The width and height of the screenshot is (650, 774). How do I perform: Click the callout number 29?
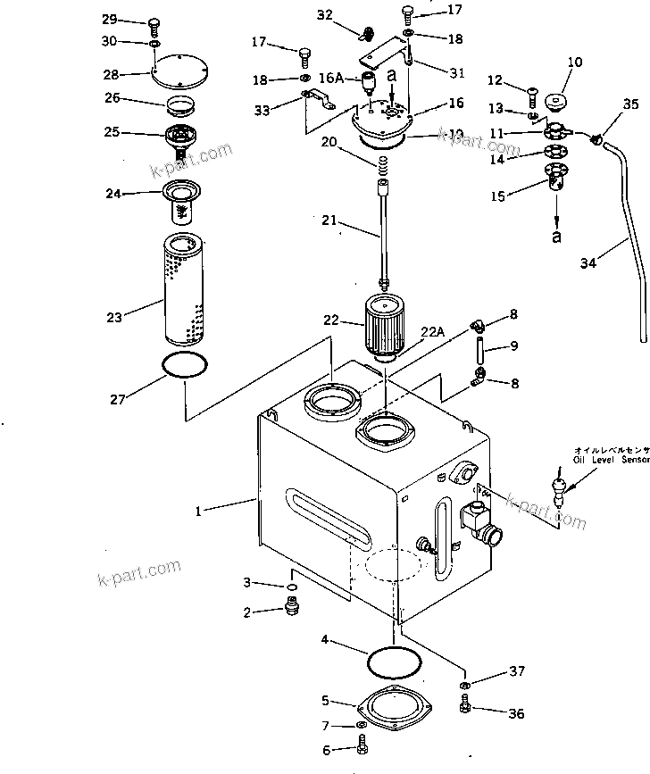pos(109,20)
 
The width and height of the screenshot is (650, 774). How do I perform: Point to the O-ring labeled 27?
pos(187,365)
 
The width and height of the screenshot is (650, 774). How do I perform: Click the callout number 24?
pos(114,193)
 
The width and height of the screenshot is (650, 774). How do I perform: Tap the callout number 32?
pos(325,14)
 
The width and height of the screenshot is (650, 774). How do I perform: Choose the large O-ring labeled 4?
pos(395,662)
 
